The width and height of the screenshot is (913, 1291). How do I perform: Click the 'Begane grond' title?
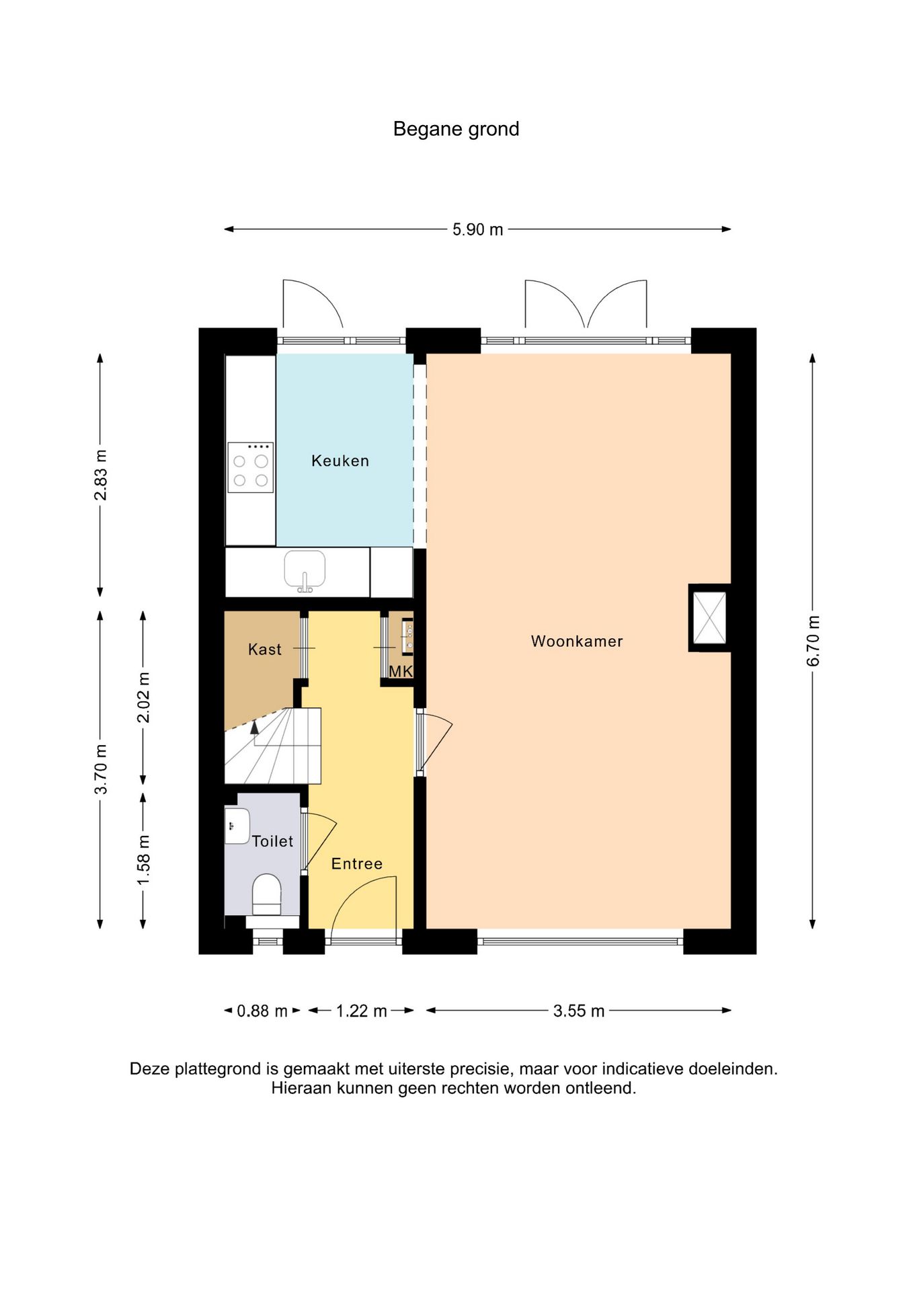(456, 129)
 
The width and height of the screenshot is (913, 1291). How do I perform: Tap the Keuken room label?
(340, 461)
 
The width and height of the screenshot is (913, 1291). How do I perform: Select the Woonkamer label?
(577, 641)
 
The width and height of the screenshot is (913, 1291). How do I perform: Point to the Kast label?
(265, 649)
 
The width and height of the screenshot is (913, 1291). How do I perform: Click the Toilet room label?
(273, 841)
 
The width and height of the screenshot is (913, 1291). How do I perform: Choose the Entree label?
(357, 863)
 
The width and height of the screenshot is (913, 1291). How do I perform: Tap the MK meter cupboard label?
(401, 671)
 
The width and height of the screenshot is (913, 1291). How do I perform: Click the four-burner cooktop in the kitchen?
(250, 467)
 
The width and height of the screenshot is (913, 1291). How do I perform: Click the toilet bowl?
(266, 895)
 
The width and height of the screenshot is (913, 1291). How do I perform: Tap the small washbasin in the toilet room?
(237, 826)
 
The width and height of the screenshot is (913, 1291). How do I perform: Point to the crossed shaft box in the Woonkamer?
(709, 617)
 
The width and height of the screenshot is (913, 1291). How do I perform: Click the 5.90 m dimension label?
(477, 229)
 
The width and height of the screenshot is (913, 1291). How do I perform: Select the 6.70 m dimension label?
(813, 640)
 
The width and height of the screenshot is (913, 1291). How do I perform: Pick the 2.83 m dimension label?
(101, 475)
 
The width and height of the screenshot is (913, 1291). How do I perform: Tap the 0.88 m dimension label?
(262, 1011)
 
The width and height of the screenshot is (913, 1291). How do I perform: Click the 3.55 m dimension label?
(579, 1011)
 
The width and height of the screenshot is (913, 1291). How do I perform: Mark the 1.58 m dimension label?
(144, 861)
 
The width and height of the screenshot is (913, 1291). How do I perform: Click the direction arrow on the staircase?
(254, 726)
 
